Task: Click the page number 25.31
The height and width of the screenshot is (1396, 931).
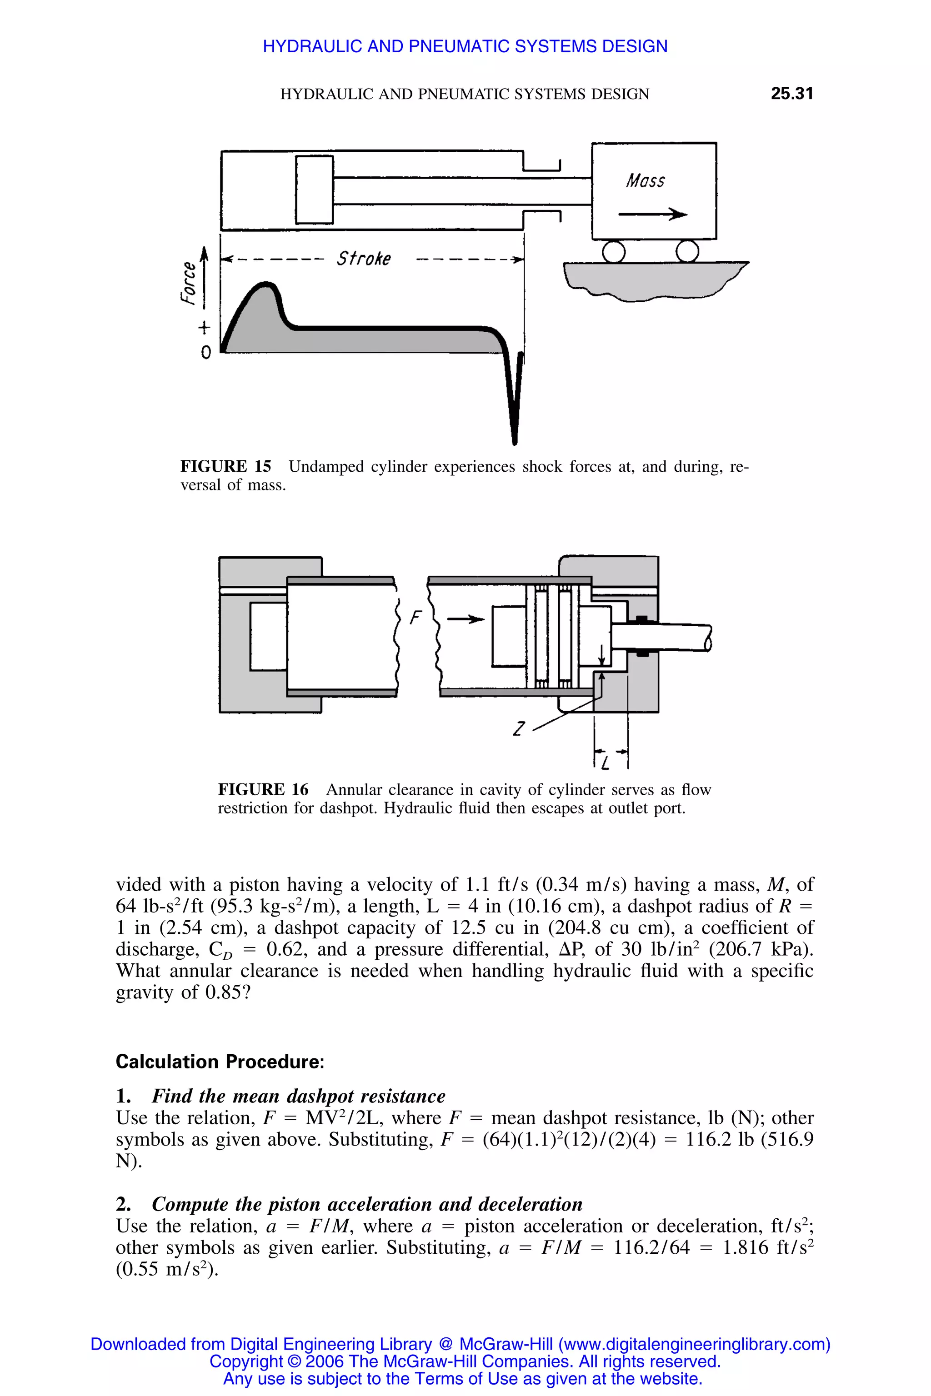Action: (x=791, y=93)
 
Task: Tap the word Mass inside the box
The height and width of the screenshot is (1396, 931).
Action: (x=646, y=180)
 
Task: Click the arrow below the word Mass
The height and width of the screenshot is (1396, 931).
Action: (x=652, y=214)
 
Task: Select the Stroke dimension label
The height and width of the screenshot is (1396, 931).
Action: (x=363, y=259)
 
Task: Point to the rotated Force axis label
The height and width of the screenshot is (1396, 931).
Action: (x=188, y=283)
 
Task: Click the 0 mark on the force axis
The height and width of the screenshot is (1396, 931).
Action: (x=205, y=353)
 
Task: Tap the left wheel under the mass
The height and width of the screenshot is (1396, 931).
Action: (x=613, y=251)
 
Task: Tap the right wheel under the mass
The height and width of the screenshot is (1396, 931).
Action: (x=686, y=251)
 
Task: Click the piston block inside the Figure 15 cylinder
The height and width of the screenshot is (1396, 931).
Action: (x=314, y=190)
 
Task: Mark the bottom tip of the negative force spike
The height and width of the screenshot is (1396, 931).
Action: (x=514, y=442)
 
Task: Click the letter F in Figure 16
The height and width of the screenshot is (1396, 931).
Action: (x=415, y=618)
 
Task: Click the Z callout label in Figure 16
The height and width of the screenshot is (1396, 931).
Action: (x=519, y=728)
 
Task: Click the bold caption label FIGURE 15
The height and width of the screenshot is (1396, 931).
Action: (x=225, y=467)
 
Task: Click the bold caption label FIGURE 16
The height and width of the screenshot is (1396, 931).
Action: (x=263, y=789)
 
